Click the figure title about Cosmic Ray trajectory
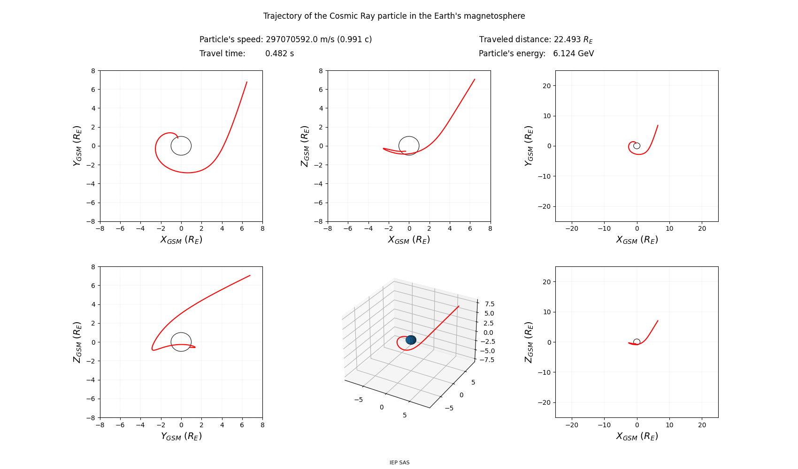pyautogui.click(x=394, y=16)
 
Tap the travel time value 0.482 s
pyautogui.click(x=280, y=53)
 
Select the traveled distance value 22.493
pyautogui.click(x=567, y=39)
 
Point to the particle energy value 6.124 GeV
pyautogui.click(x=574, y=53)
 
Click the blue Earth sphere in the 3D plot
pyautogui.click(x=411, y=340)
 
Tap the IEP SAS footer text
pyautogui.click(x=399, y=462)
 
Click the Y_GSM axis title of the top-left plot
pyautogui.click(x=77, y=146)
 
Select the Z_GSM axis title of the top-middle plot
pyautogui.click(x=305, y=146)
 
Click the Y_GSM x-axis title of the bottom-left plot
pyautogui.click(x=181, y=436)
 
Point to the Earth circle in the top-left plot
pyautogui.click(x=192, y=146)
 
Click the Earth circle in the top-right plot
pyautogui.click(x=640, y=146)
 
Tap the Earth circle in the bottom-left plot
pyautogui.click(x=192, y=342)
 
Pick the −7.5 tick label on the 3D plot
pyautogui.click(x=487, y=360)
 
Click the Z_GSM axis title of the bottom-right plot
pyautogui.click(x=529, y=342)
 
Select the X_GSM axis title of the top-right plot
pyautogui.click(x=637, y=240)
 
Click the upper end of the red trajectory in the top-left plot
pyautogui.click(x=247, y=82)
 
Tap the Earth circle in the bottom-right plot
pyautogui.click(x=640, y=342)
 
